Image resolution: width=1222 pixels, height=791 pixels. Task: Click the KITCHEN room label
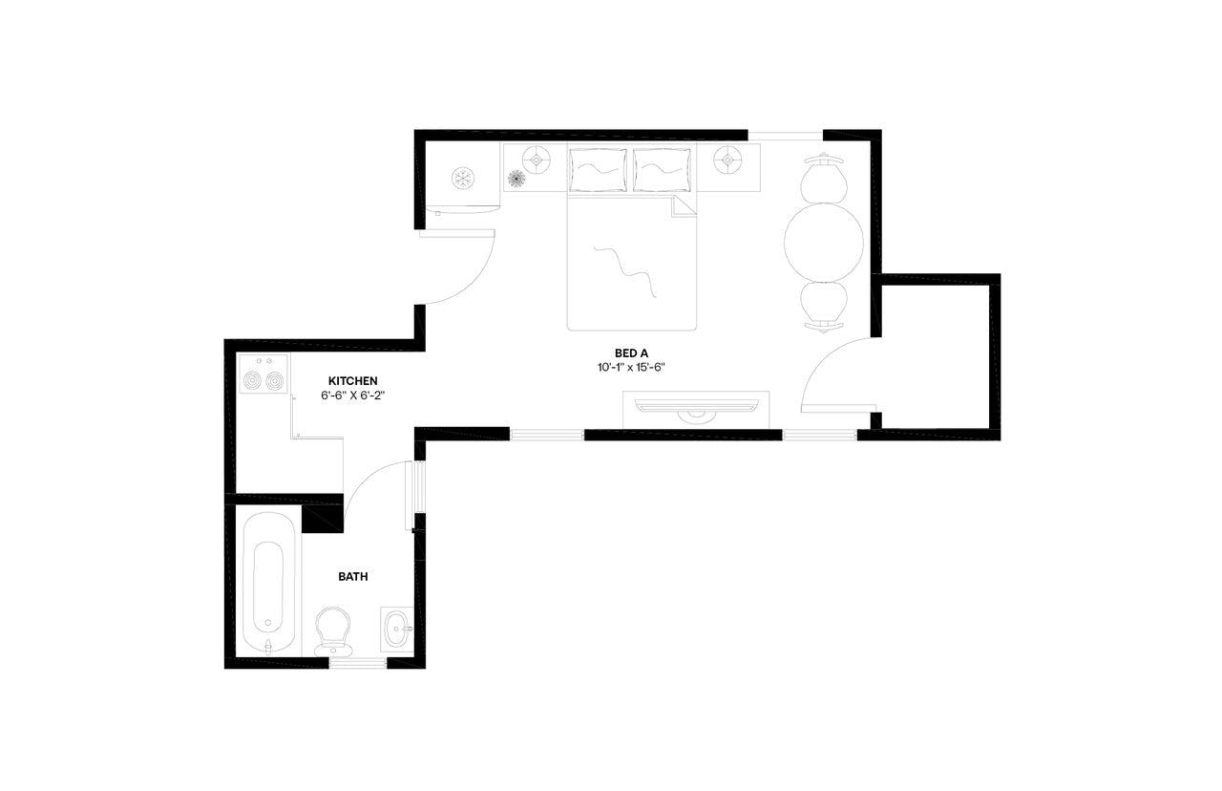pyautogui.click(x=353, y=380)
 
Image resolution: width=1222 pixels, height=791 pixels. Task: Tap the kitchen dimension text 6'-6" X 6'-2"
pyautogui.click(x=353, y=395)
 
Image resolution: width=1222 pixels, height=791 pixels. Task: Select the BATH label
pyautogui.click(x=353, y=577)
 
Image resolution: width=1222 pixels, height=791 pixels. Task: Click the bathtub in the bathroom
pyautogui.click(x=268, y=583)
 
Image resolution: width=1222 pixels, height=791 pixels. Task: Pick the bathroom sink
pyautogui.click(x=397, y=628)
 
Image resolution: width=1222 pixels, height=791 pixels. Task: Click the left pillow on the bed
pyautogui.click(x=599, y=169)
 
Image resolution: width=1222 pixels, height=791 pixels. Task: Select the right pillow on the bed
pyautogui.click(x=662, y=169)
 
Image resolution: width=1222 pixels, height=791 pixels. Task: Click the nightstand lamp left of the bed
pyautogui.click(x=536, y=160)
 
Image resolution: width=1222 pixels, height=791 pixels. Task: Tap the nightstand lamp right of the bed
pyautogui.click(x=727, y=160)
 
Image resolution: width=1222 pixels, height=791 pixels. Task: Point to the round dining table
pyautogui.click(x=823, y=242)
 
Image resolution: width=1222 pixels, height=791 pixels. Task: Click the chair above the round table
pyautogui.click(x=823, y=179)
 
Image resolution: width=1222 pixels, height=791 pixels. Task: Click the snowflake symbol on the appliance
pyautogui.click(x=463, y=178)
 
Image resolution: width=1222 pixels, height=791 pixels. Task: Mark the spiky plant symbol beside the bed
pyautogui.click(x=516, y=179)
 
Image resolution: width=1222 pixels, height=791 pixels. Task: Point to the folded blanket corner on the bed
pyautogui.click(x=685, y=205)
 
